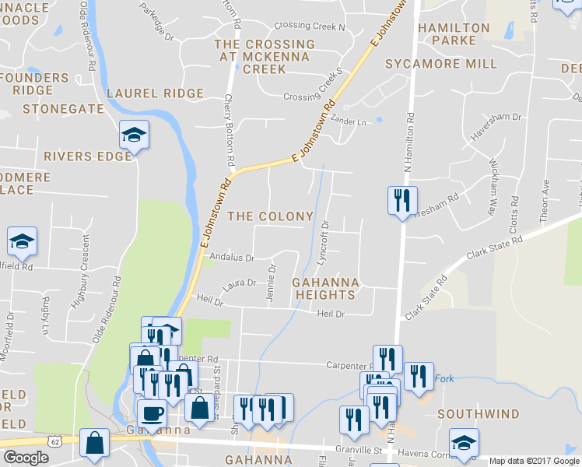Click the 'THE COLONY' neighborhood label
(x=270, y=216)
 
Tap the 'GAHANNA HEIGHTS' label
(x=325, y=288)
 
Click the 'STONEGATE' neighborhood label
(x=63, y=109)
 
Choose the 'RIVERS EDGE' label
(x=87, y=156)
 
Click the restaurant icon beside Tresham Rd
(x=402, y=200)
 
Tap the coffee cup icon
(x=152, y=413)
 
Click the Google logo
(x=26, y=458)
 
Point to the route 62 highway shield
(x=54, y=441)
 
